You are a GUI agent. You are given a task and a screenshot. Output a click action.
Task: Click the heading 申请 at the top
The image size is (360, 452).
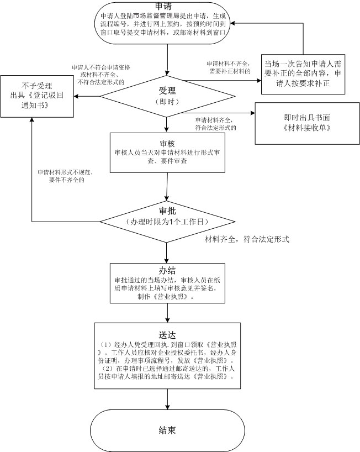coord(167,7)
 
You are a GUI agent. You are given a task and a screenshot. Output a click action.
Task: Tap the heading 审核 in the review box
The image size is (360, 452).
coord(167,143)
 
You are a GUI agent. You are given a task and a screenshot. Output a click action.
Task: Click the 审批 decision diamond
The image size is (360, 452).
coord(167,220)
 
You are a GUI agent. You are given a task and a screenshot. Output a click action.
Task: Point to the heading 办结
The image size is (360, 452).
coord(167,270)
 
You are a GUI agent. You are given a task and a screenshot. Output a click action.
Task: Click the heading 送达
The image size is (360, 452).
coord(167,334)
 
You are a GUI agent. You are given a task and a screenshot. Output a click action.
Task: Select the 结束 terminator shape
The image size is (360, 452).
coord(167,429)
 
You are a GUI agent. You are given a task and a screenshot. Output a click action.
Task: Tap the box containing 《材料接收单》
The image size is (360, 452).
coord(303,123)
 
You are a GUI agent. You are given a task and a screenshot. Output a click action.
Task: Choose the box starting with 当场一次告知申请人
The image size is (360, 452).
coord(304,73)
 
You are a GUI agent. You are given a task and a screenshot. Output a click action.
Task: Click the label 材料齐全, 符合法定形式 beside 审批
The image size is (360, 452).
coord(247,239)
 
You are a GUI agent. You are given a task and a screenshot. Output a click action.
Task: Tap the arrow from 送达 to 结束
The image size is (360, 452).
coord(167,400)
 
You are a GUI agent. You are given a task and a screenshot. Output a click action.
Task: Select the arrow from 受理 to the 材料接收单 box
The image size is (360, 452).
coord(221,114)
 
